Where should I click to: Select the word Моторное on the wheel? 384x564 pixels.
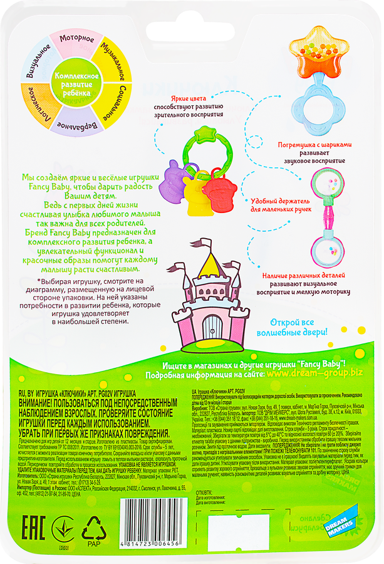(77, 39)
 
